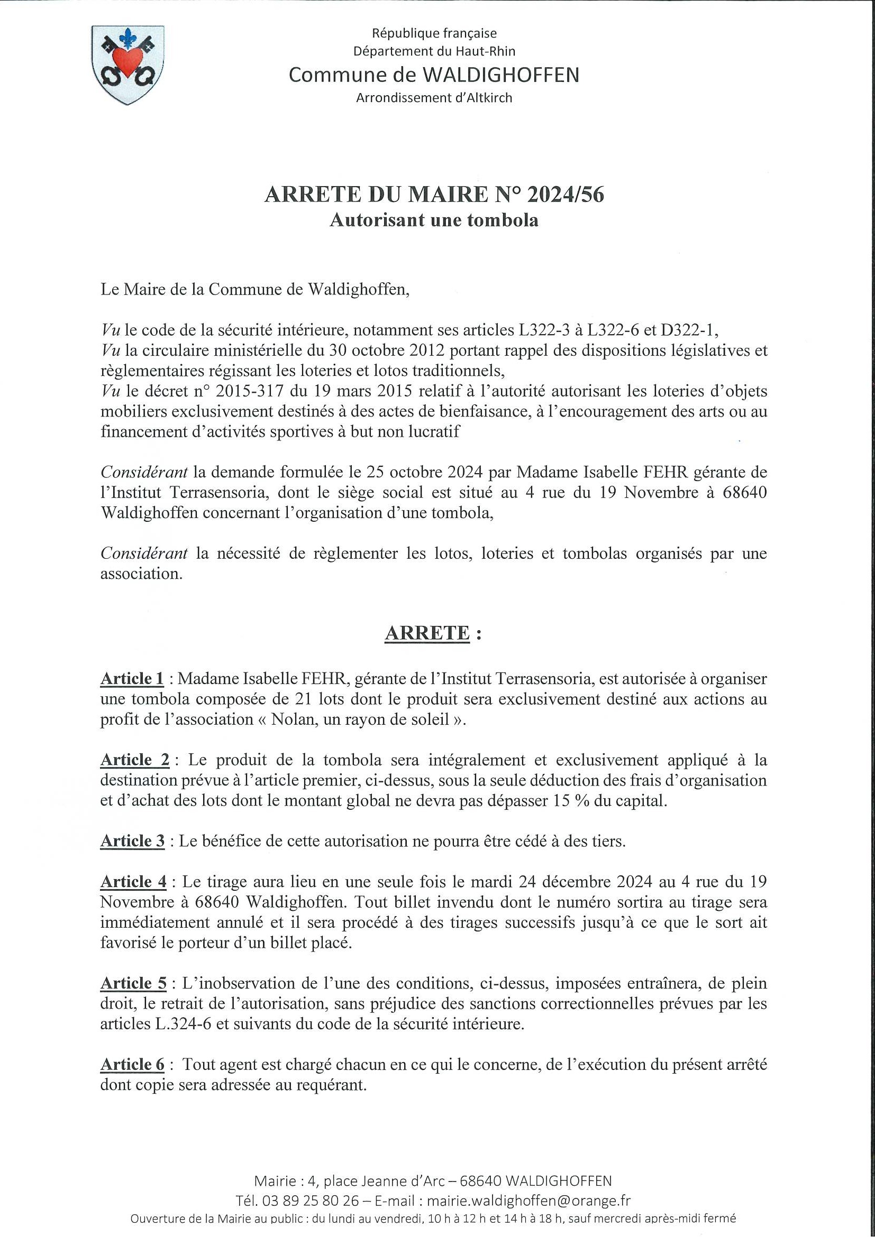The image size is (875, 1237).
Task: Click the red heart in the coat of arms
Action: pyautogui.click(x=128, y=61)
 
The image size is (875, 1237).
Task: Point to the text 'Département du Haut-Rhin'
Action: pyautogui.click(x=434, y=51)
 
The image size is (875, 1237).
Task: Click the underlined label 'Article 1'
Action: pyautogui.click(x=132, y=679)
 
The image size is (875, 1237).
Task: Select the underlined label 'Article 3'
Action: pyautogui.click(x=133, y=841)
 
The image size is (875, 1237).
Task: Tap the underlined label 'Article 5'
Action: pyautogui.click(x=133, y=983)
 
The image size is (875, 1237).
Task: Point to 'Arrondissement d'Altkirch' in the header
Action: pyautogui.click(x=434, y=98)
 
